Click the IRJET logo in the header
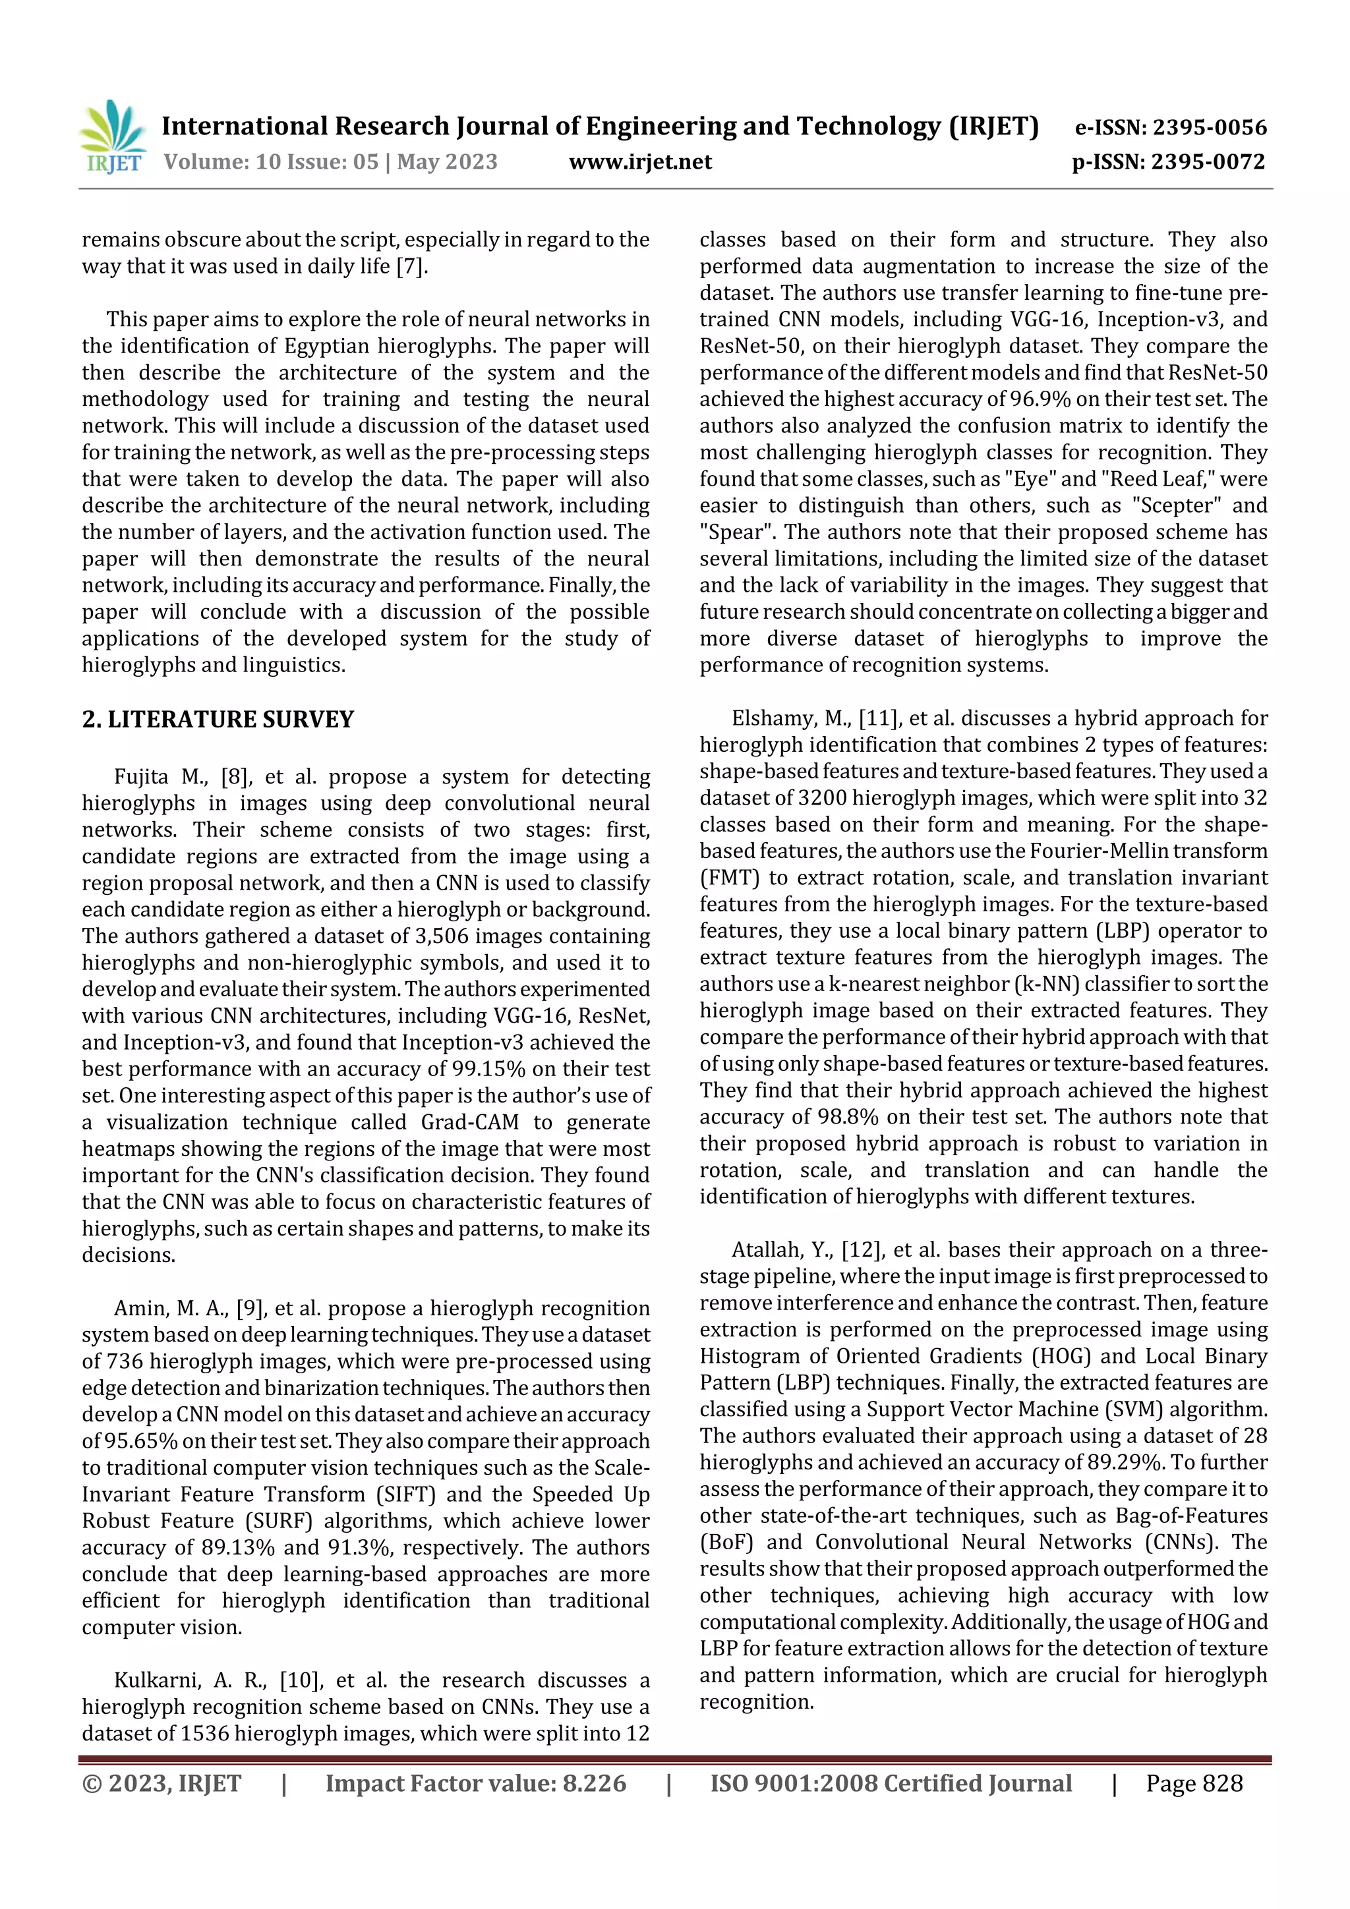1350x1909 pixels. pyautogui.click(x=112, y=137)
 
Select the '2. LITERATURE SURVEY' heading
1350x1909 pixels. pyautogui.click(x=218, y=719)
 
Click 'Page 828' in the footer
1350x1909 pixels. pyautogui.click(x=1194, y=1783)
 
